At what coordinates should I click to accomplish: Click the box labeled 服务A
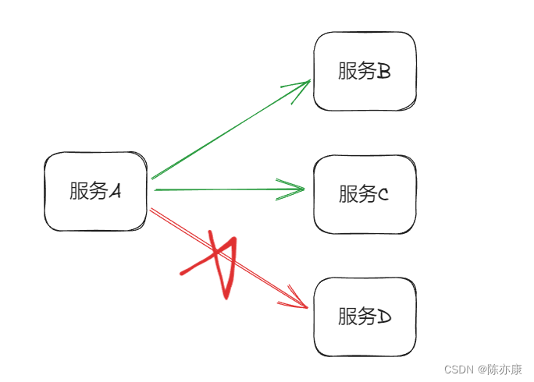tap(95, 192)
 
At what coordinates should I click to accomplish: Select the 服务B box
tap(365, 72)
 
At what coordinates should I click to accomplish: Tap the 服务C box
tap(365, 194)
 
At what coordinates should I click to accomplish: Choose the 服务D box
tap(365, 317)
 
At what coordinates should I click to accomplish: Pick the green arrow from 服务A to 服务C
tap(219, 189)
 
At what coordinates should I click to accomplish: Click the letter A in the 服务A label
tap(115, 192)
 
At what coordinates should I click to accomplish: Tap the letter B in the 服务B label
tap(383, 72)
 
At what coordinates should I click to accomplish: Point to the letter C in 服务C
tap(383, 195)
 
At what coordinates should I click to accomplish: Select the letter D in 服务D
tap(383, 317)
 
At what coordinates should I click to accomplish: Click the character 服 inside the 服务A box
tap(78, 191)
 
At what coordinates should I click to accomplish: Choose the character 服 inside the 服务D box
tap(347, 317)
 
